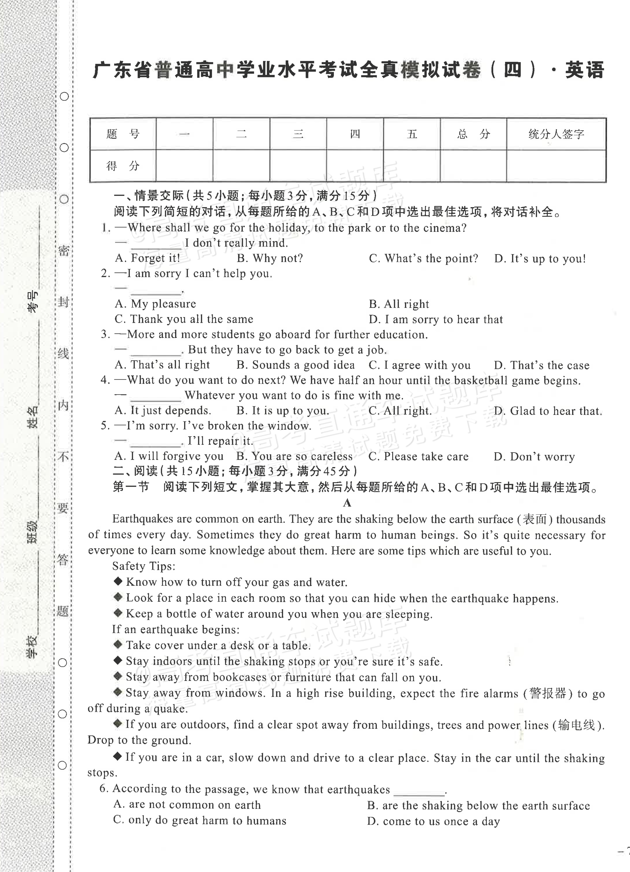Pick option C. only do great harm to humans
coord(200,821)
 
